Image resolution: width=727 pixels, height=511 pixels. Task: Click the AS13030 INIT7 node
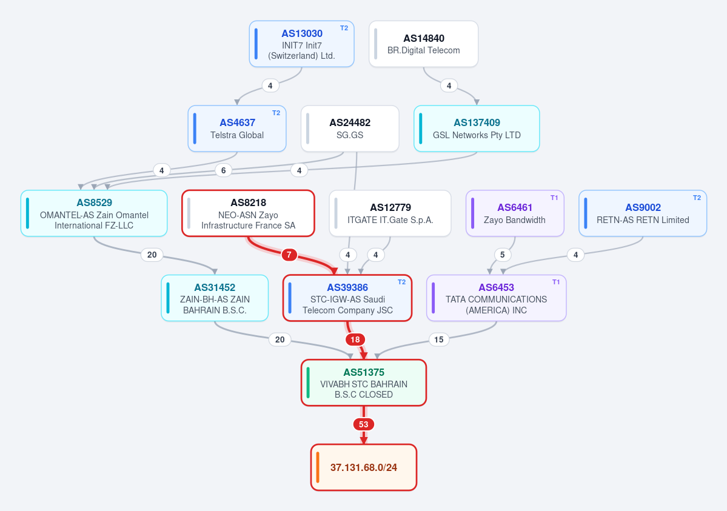[x=302, y=44]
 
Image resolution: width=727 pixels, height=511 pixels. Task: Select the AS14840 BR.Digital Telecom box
[x=424, y=44]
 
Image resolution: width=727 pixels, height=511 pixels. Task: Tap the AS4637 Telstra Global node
[x=237, y=129]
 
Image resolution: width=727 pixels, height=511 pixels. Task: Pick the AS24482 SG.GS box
[x=350, y=129]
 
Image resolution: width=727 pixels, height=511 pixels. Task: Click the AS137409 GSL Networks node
[x=477, y=129]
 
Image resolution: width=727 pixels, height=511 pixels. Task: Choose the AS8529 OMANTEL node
[x=94, y=213]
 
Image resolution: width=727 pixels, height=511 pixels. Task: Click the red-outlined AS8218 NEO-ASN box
[x=248, y=213]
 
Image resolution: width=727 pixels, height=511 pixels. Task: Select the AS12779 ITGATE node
[x=390, y=213]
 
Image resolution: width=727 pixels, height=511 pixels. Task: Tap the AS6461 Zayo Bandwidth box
[x=515, y=213]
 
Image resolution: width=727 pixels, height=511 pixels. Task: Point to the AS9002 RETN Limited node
[x=643, y=213]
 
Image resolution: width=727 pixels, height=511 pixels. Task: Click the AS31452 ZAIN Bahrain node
[x=215, y=298]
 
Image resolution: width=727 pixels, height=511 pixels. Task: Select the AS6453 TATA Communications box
[x=496, y=298]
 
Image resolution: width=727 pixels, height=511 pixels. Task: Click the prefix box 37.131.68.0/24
[x=364, y=467]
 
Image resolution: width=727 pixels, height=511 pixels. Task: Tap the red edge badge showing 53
[x=364, y=424]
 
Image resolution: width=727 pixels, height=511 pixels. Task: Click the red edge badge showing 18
[x=355, y=339]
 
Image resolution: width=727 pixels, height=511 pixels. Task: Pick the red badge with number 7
[x=289, y=255]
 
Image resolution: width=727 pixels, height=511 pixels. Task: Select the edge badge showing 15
[x=438, y=339]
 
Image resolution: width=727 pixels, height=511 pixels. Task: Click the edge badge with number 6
[x=224, y=170]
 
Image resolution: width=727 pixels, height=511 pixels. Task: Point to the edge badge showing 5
[x=502, y=255]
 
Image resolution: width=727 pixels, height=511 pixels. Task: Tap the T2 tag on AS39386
[x=401, y=282]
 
